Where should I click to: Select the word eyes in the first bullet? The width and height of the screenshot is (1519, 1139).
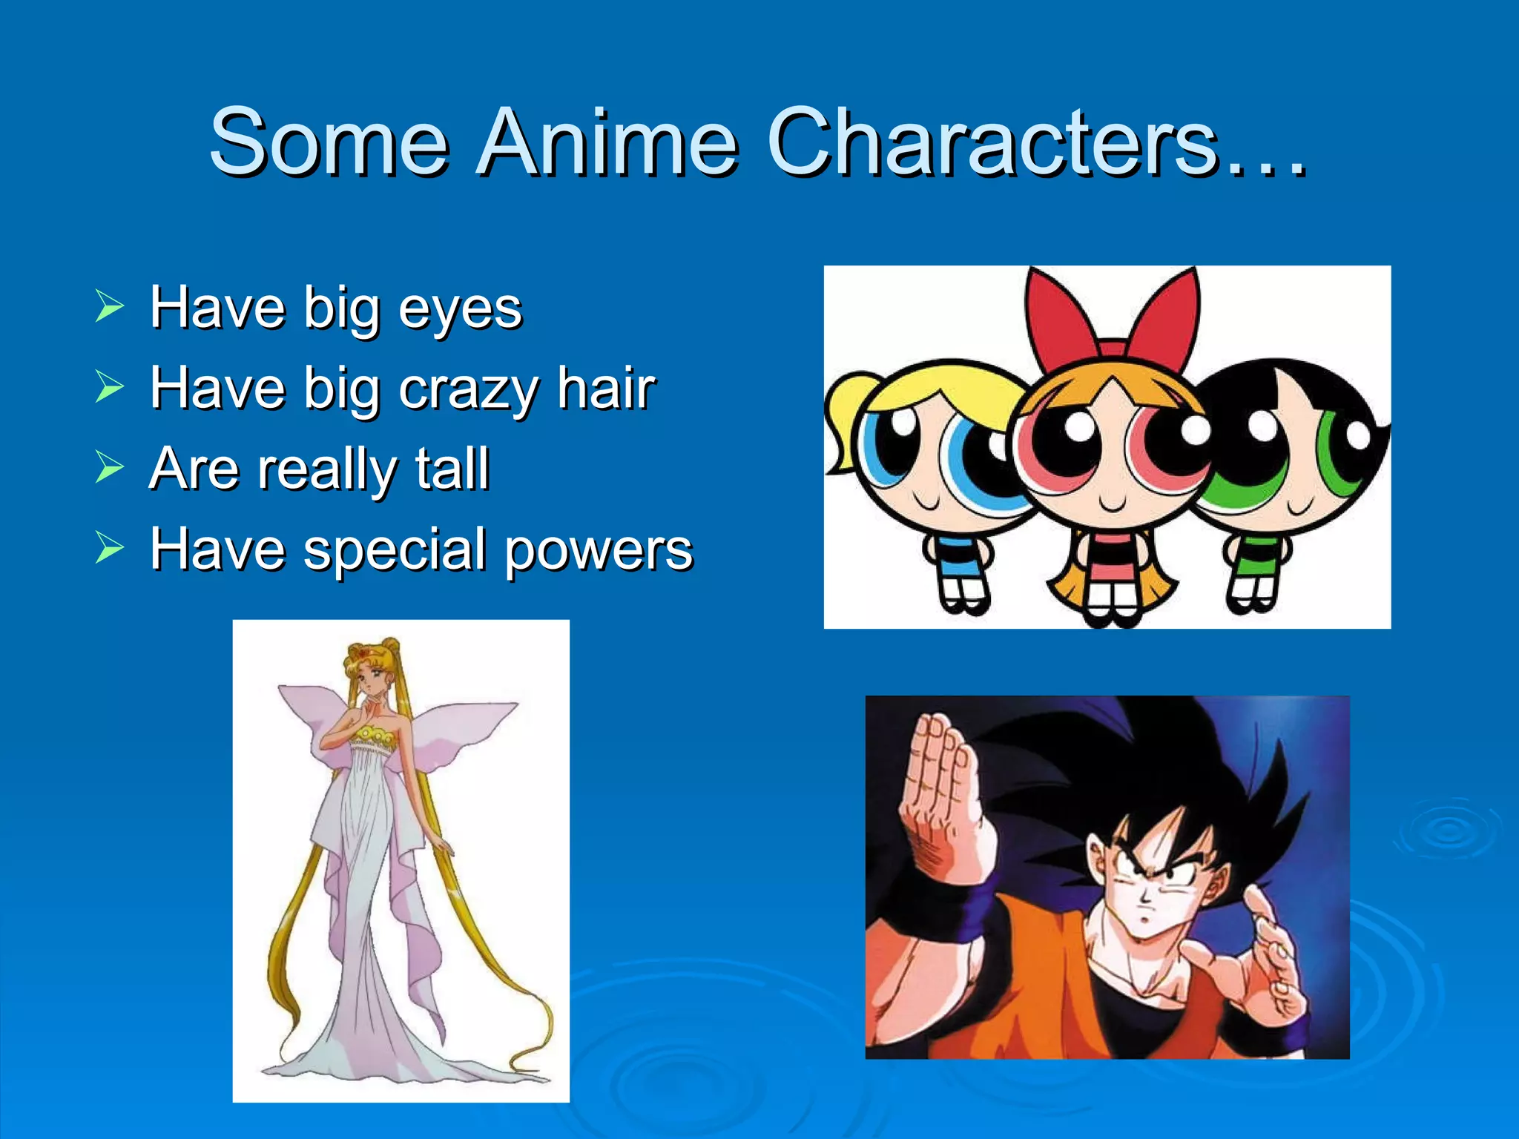[x=460, y=308]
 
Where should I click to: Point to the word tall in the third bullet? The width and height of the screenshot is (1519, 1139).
[x=452, y=469]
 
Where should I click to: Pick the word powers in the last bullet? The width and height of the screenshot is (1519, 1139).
[x=599, y=550]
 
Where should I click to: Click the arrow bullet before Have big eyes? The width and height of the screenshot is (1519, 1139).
[x=109, y=306]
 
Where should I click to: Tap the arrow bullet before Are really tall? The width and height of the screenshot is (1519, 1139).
[x=109, y=467]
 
